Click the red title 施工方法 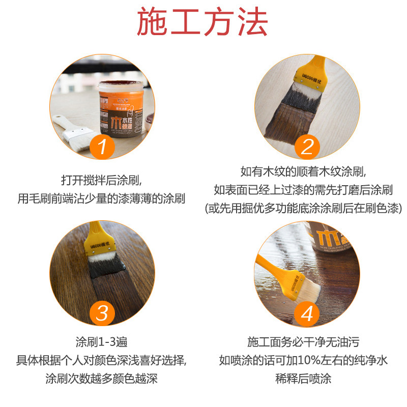click(x=202, y=21)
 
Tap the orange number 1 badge click(x=102, y=147)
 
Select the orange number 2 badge click(x=307, y=147)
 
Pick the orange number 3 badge click(x=102, y=313)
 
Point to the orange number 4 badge click(x=307, y=314)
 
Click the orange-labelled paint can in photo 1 click(x=121, y=109)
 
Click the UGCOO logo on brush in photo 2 click(x=312, y=78)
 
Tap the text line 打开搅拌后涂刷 click(x=101, y=180)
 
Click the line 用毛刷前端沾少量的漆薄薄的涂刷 click(x=101, y=198)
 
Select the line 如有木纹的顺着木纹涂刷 click(x=303, y=171)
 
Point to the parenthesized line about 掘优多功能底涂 click(x=303, y=208)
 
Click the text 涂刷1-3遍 click(x=101, y=342)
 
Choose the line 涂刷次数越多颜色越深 click(x=101, y=379)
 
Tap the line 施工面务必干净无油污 click(x=303, y=342)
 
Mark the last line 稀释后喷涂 click(x=303, y=379)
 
